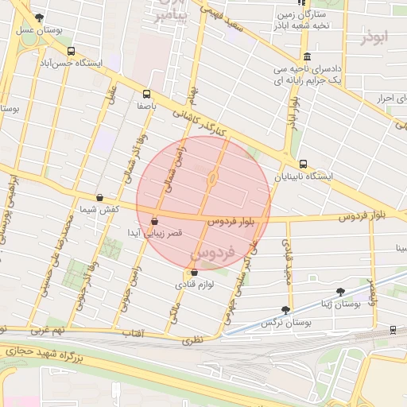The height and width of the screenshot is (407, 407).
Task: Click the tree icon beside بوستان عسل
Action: [x=40, y=17]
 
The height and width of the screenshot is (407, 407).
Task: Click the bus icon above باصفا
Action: [x=146, y=93]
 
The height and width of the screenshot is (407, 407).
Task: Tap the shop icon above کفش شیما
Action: [x=99, y=198]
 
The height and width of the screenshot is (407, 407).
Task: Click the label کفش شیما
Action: [x=99, y=209]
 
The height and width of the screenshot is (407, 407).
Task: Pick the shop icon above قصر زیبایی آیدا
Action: [x=153, y=221]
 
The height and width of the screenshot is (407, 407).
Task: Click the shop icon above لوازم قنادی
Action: [x=195, y=273]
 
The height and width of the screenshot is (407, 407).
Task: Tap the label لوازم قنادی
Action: [x=195, y=284]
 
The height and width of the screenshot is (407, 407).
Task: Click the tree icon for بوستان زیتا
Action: [x=340, y=292]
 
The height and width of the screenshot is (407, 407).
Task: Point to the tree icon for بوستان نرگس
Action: [x=285, y=310]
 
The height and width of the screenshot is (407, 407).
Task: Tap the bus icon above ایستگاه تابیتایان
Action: [x=303, y=164]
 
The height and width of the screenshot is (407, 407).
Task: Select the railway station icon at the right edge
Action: [x=394, y=329]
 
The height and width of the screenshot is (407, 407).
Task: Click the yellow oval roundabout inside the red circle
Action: [x=213, y=179]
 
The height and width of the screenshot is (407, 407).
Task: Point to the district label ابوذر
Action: [x=376, y=38]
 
